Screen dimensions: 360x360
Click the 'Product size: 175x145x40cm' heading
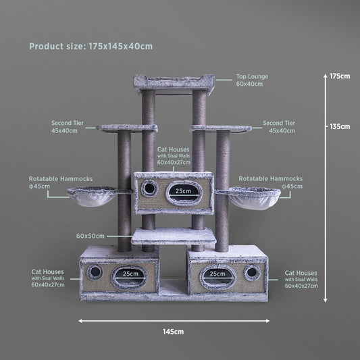click(91, 47)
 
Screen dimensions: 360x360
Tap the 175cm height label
click(340, 76)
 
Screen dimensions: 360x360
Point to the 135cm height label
click(340, 126)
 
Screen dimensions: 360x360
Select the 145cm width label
click(174, 332)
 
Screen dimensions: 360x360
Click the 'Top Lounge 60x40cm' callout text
click(252, 80)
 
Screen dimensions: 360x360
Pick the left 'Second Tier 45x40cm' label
click(68, 127)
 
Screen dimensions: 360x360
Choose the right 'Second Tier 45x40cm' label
click(279, 127)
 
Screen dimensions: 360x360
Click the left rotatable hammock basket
click(93, 197)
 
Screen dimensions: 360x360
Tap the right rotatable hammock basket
click(255, 198)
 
